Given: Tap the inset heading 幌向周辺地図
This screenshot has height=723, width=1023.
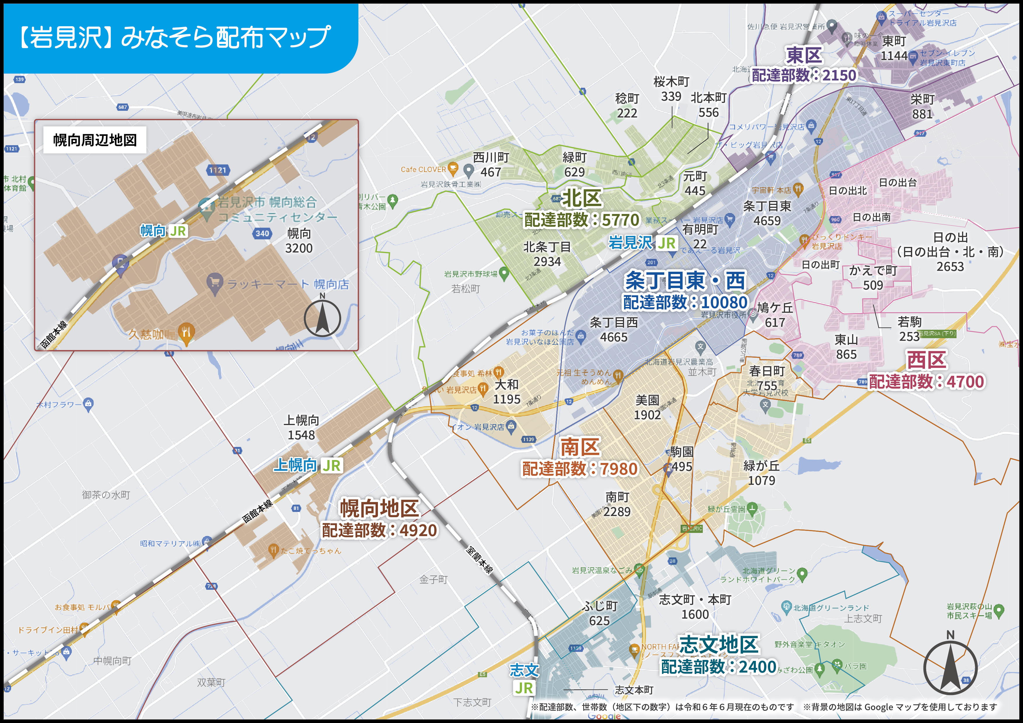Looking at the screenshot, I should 95,140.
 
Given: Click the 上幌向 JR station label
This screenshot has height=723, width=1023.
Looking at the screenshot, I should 307,465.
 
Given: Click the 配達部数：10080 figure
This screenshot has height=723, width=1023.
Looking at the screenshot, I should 685,303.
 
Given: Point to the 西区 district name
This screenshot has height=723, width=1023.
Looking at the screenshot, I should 927,360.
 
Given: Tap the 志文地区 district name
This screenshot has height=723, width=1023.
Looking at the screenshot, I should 718,645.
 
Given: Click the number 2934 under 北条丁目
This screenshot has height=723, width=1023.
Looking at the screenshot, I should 547,262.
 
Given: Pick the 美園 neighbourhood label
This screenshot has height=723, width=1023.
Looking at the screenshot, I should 647,400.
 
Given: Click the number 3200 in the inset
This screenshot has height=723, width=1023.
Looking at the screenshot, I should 299,248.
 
